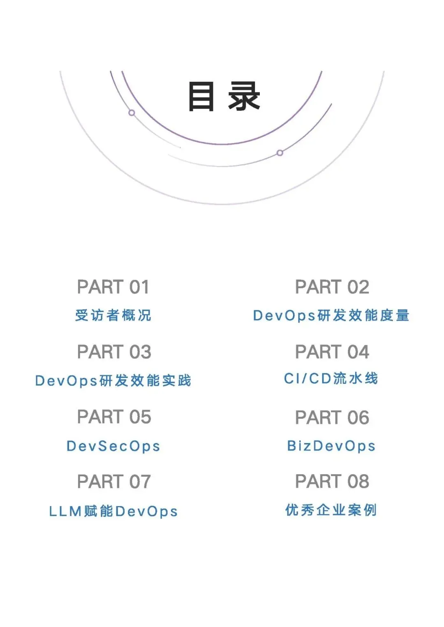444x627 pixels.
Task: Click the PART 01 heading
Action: tap(113, 287)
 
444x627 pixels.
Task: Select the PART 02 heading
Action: tap(332, 287)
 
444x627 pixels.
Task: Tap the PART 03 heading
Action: tap(114, 352)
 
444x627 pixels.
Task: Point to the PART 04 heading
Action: tap(332, 352)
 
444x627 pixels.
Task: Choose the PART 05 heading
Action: tap(114, 417)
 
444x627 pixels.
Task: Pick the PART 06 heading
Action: tap(332, 418)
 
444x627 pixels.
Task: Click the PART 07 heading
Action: tap(114, 482)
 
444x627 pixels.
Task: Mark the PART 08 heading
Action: tap(332, 481)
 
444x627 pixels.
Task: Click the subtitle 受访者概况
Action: tap(113, 315)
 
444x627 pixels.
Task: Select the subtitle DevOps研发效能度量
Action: tap(331, 315)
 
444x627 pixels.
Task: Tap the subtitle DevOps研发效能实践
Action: tap(113, 381)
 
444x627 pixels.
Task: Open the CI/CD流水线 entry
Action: tap(331, 378)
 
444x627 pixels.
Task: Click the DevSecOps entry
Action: tap(113, 446)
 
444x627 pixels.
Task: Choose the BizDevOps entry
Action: tap(331, 446)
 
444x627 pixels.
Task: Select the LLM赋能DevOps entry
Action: tap(113, 511)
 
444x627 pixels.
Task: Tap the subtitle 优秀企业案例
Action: tap(331, 510)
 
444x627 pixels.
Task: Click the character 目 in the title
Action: tap(201, 96)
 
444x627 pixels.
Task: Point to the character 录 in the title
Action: tap(244, 96)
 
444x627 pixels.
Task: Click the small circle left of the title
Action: tap(132, 113)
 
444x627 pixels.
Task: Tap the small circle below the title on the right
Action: tap(280, 153)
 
